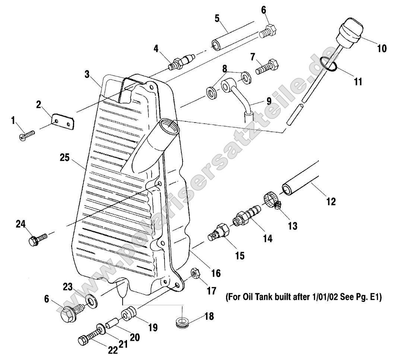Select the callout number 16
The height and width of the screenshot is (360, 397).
(x=216, y=273)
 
